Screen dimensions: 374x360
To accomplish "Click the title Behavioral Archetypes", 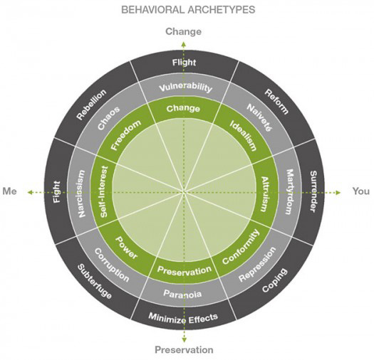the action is tap(188, 10).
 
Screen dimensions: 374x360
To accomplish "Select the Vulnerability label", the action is tap(185, 88).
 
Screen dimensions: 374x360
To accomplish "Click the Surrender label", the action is tap(313, 191).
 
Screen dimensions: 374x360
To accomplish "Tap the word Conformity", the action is tap(241, 247).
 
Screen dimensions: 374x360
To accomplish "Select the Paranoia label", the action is tap(182, 294).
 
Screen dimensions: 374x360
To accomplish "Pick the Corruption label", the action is tap(112, 265).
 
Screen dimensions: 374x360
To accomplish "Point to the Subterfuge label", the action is tap(95, 281).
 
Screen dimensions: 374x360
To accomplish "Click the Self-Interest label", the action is tap(104, 191).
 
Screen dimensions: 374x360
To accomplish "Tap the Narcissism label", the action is tap(81, 194).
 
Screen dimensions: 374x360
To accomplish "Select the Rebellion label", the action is tap(91, 105).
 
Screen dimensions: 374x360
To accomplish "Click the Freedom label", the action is tap(126, 135).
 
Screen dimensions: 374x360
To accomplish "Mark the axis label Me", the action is tap(9, 191).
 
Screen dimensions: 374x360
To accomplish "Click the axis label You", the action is tap(361, 191).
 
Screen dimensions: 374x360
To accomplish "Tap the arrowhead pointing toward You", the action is tap(338, 193).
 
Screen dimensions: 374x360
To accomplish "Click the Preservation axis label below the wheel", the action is tap(184, 350).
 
